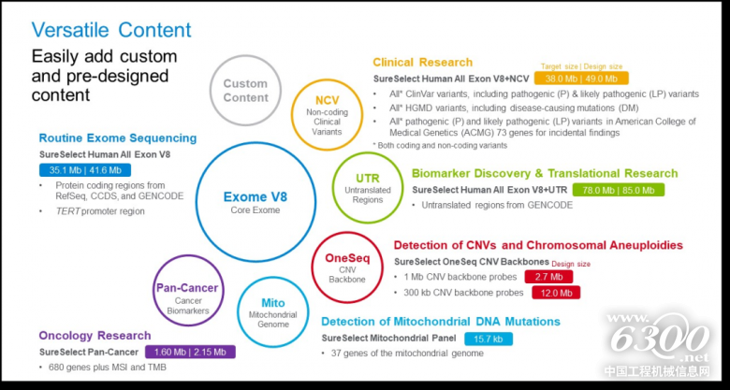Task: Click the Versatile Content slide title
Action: pos(111,29)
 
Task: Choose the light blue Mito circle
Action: pos(270,310)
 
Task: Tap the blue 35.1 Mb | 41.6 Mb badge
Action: pos(83,170)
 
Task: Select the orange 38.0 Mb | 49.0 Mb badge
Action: pos(575,79)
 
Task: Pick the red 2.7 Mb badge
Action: pos(550,277)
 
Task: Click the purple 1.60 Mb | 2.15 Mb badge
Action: pos(190,352)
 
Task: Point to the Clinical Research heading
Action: pos(422,62)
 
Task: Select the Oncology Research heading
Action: pos(95,336)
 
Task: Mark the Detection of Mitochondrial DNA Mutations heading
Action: pos(440,322)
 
